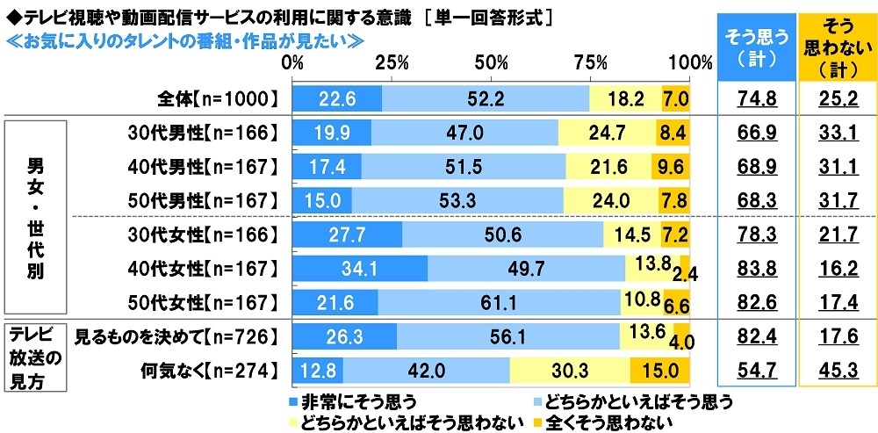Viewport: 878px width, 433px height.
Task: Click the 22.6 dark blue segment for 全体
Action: (x=337, y=98)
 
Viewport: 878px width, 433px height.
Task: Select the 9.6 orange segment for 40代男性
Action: (x=671, y=167)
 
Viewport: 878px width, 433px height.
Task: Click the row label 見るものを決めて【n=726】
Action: (x=175, y=335)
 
